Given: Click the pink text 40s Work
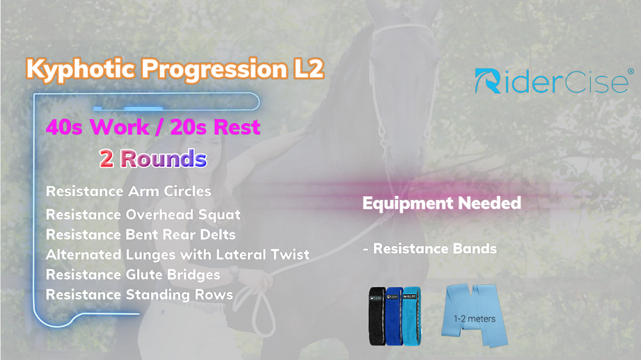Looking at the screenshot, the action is click(x=97, y=127).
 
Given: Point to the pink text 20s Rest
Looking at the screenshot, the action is click(x=215, y=127).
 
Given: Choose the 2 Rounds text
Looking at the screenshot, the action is click(x=153, y=159).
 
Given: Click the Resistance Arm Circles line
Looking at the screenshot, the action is click(x=128, y=192).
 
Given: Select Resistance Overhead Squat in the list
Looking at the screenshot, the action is click(x=143, y=215).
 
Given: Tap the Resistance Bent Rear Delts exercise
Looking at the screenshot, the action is click(x=140, y=234).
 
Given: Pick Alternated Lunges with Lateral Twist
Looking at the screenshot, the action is click(x=178, y=254).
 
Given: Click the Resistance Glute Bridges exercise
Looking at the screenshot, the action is click(x=133, y=275).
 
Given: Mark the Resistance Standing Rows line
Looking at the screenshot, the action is click(x=139, y=295).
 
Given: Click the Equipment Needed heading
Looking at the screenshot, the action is click(x=442, y=203).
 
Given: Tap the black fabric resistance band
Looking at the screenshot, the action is click(x=377, y=315).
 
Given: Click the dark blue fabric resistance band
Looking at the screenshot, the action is click(x=394, y=316).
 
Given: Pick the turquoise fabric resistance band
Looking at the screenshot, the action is click(x=412, y=316).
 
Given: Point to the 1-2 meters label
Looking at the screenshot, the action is click(x=474, y=319).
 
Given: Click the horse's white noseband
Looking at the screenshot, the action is click(x=403, y=29).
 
